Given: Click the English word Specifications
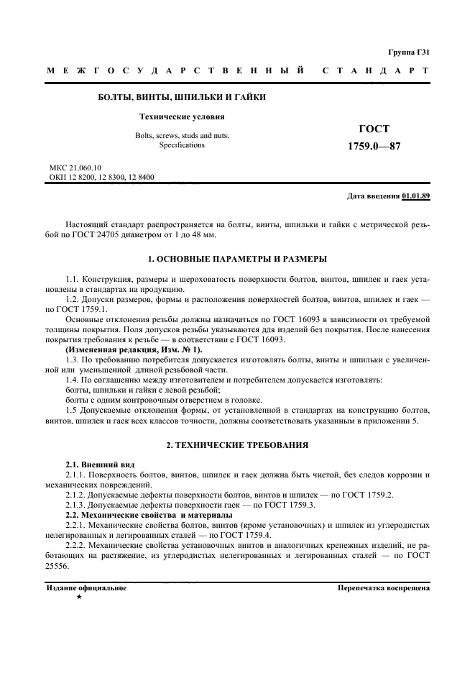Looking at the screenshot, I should pyautogui.click(x=182, y=145).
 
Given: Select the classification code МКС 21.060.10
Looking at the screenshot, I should pyautogui.click(x=75, y=168).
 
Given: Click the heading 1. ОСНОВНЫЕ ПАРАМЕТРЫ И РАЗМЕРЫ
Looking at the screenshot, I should pyautogui.click(x=237, y=258).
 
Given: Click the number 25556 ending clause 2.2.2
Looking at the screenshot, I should pyautogui.click(x=60, y=565).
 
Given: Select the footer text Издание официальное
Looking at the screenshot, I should pyautogui.click(x=87, y=587).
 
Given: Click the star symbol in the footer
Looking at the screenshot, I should pyautogui.click(x=79, y=598).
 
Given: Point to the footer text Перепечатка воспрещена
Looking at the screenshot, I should pyautogui.click(x=384, y=587).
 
